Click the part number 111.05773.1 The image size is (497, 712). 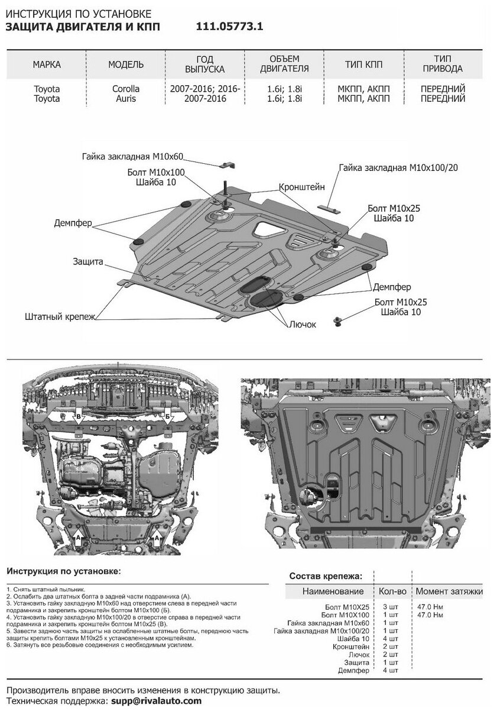[229, 27]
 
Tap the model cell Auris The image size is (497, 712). [124, 99]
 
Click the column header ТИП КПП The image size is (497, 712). [363, 64]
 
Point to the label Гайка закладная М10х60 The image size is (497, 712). [134, 157]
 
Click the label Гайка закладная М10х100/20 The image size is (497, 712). [399, 168]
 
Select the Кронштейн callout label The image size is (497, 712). [303, 187]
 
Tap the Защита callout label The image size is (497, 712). [89, 261]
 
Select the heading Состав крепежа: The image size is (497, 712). [325, 575]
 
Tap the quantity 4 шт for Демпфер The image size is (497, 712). [387, 670]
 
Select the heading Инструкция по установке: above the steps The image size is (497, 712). [63, 572]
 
